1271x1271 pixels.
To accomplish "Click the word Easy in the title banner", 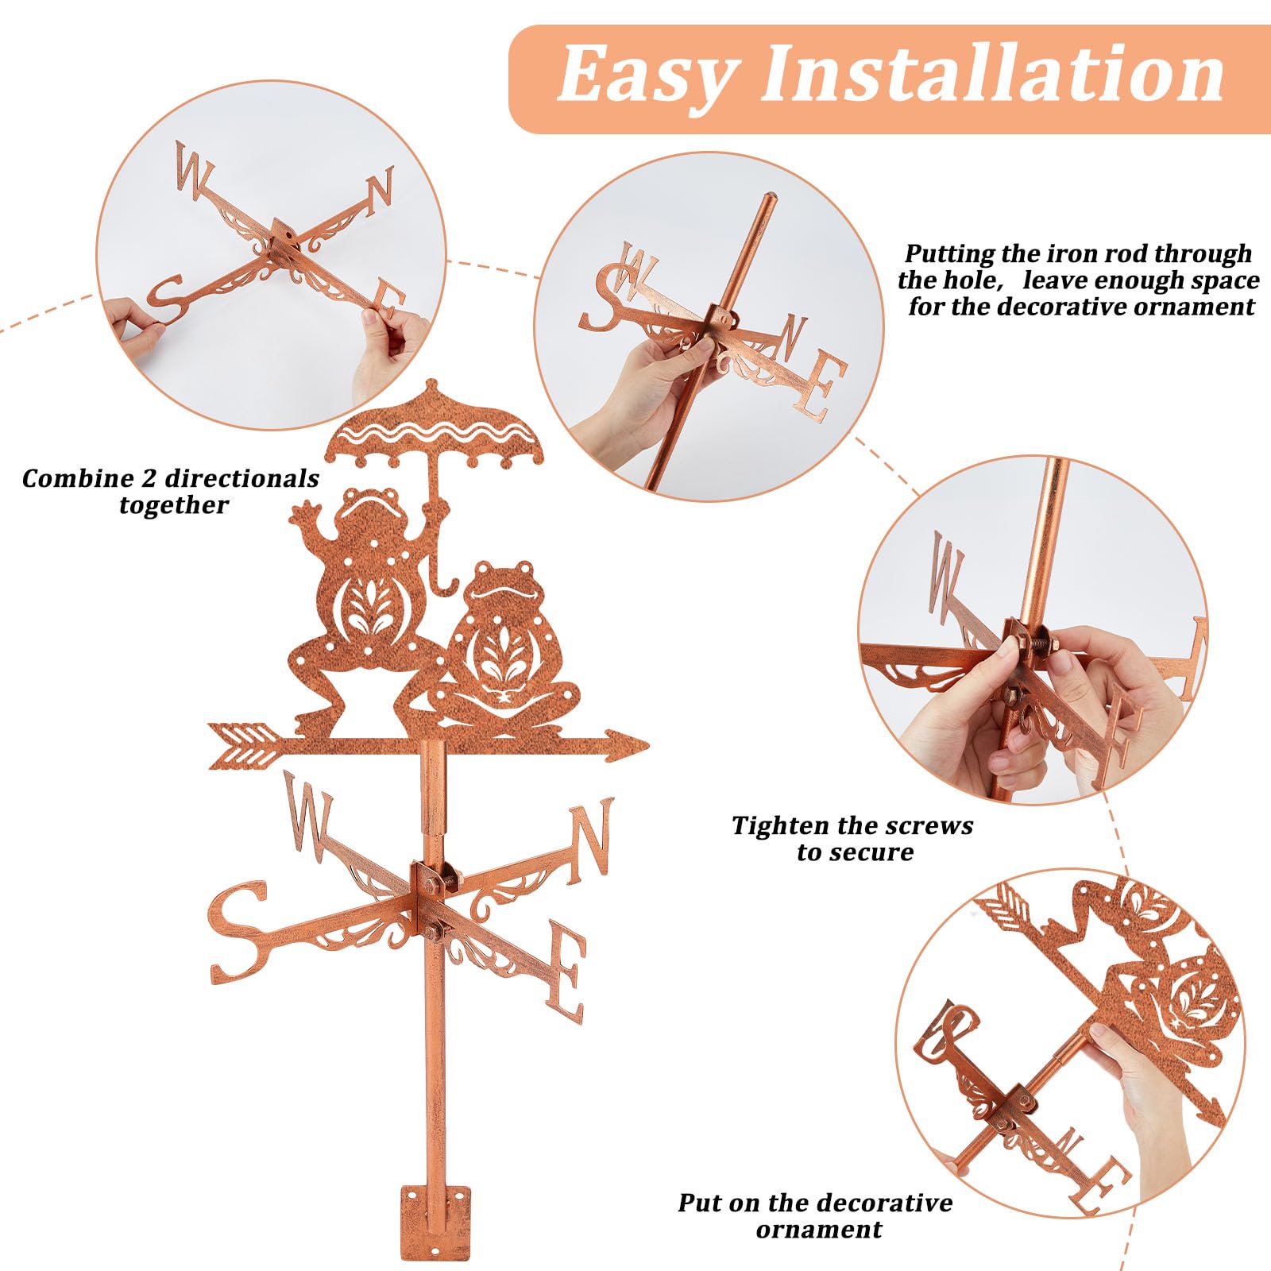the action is pyautogui.click(x=646, y=75).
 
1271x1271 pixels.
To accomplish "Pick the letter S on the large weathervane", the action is pyautogui.click(x=238, y=933).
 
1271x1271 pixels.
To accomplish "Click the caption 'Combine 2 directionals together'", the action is pyautogui.click(x=171, y=491).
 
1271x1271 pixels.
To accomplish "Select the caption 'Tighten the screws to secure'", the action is pyautogui.click(x=852, y=839).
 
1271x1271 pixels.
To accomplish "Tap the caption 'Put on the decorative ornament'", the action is pyautogui.click(x=815, y=1215).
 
